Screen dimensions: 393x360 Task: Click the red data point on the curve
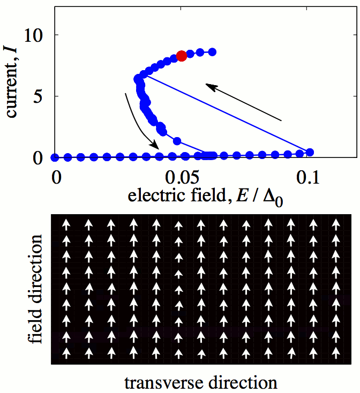(x=182, y=56)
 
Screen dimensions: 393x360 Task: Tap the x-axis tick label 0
(x=55, y=177)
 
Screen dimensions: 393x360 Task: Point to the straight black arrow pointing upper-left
(x=244, y=102)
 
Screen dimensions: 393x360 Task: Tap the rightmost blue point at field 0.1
(x=309, y=153)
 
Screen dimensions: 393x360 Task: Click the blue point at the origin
(x=55, y=157)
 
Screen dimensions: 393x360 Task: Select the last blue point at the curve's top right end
(x=212, y=52)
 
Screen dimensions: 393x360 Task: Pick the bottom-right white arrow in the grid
(x=336, y=353)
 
